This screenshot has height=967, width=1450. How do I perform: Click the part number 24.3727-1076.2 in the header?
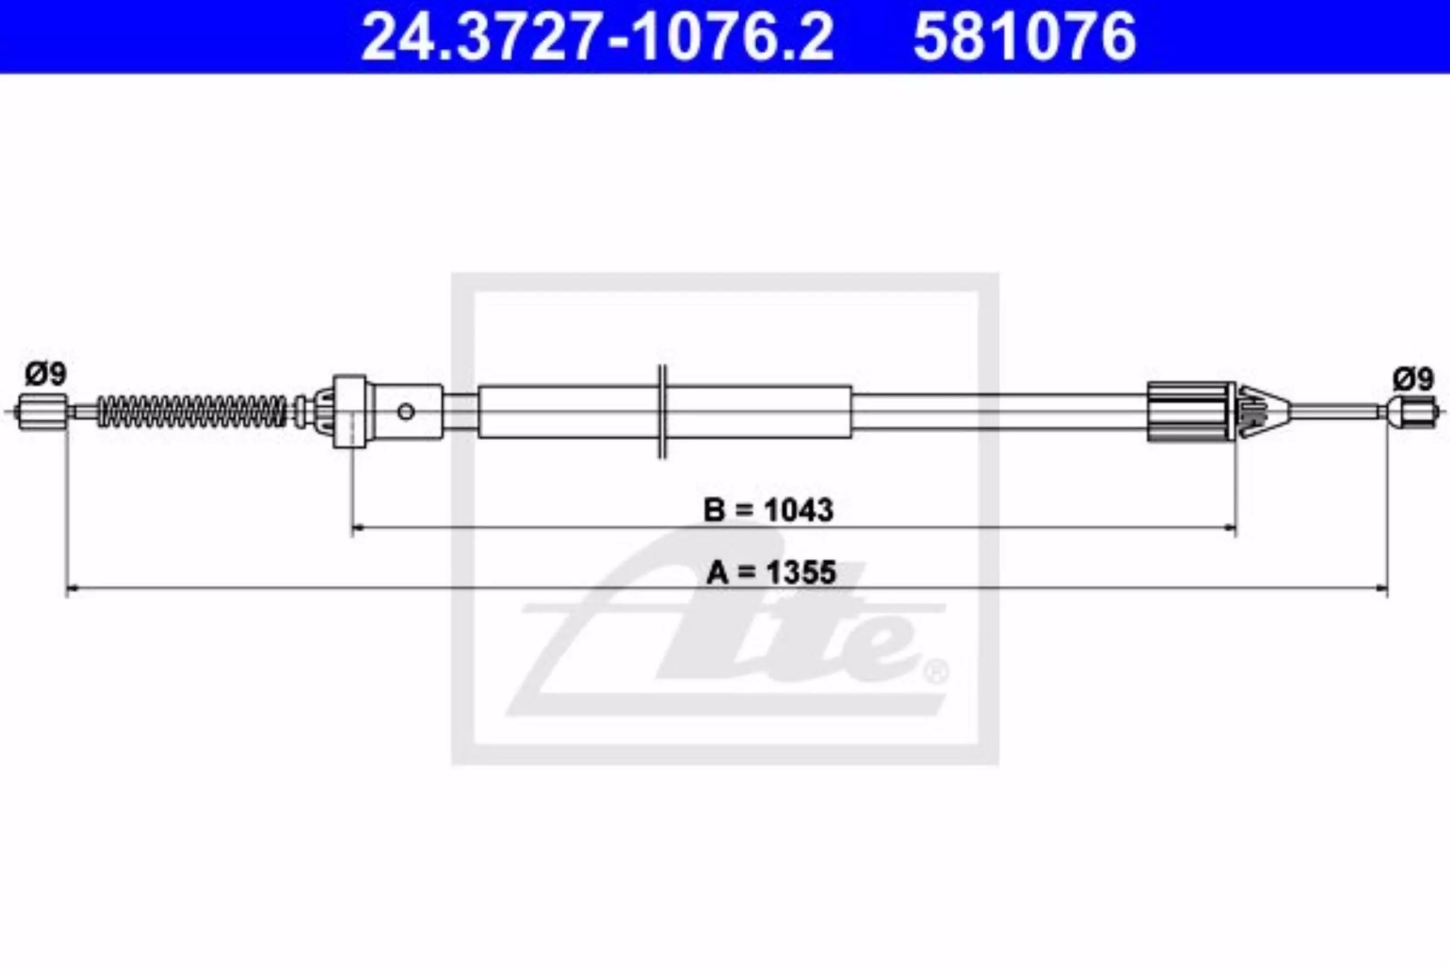tap(597, 36)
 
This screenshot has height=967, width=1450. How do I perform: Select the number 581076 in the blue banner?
tap(1025, 36)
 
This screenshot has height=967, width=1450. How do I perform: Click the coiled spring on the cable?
tap(193, 411)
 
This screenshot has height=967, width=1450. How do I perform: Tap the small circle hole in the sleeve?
tap(406, 411)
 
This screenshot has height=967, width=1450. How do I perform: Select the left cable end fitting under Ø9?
tap(43, 411)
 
